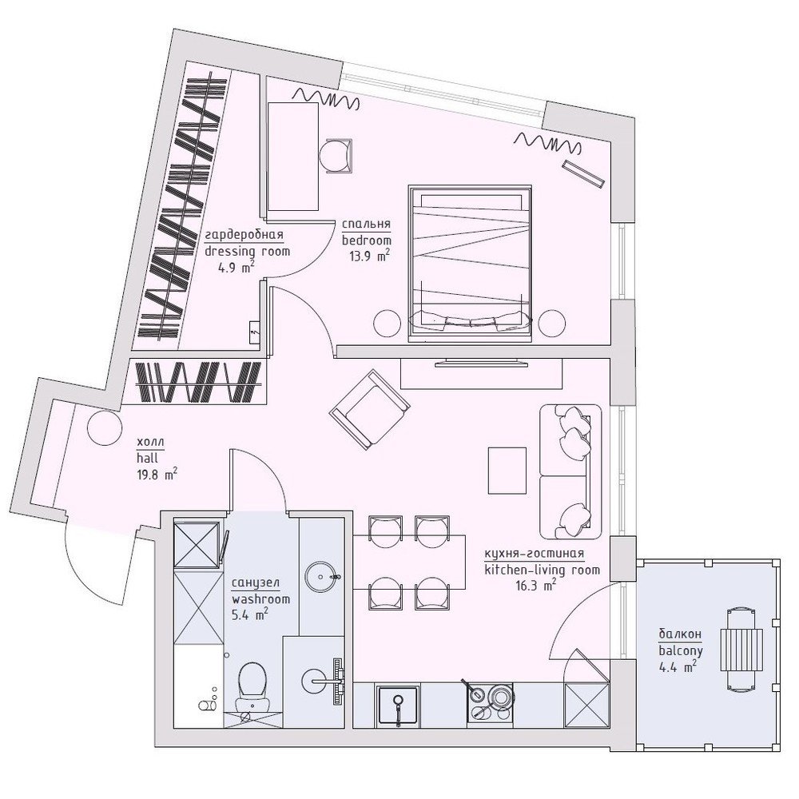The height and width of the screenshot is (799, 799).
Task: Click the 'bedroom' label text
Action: click(x=367, y=240)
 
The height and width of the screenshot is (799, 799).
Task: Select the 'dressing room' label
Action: click(x=247, y=251)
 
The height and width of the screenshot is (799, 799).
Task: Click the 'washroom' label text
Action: click(x=260, y=599)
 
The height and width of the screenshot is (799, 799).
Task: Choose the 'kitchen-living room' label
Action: click(x=543, y=570)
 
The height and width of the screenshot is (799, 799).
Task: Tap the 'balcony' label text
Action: click(x=681, y=650)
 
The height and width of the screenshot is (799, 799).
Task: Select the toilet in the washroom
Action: click(x=252, y=686)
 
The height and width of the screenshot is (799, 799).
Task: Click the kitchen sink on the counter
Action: click(x=398, y=706)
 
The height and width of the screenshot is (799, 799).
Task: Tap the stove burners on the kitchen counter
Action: click(x=490, y=702)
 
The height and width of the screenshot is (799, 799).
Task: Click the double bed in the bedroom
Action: click(x=470, y=263)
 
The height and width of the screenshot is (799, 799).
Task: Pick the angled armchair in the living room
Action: click(x=369, y=409)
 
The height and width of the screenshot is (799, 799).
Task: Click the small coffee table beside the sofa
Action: click(x=507, y=471)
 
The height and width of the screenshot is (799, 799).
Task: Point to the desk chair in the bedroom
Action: click(x=336, y=156)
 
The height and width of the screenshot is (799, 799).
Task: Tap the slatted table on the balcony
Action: click(x=741, y=650)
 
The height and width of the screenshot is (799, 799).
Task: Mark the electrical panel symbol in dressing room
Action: click(x=255, y=332)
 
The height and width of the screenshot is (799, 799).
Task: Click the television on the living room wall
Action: click(x=481, y=363)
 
